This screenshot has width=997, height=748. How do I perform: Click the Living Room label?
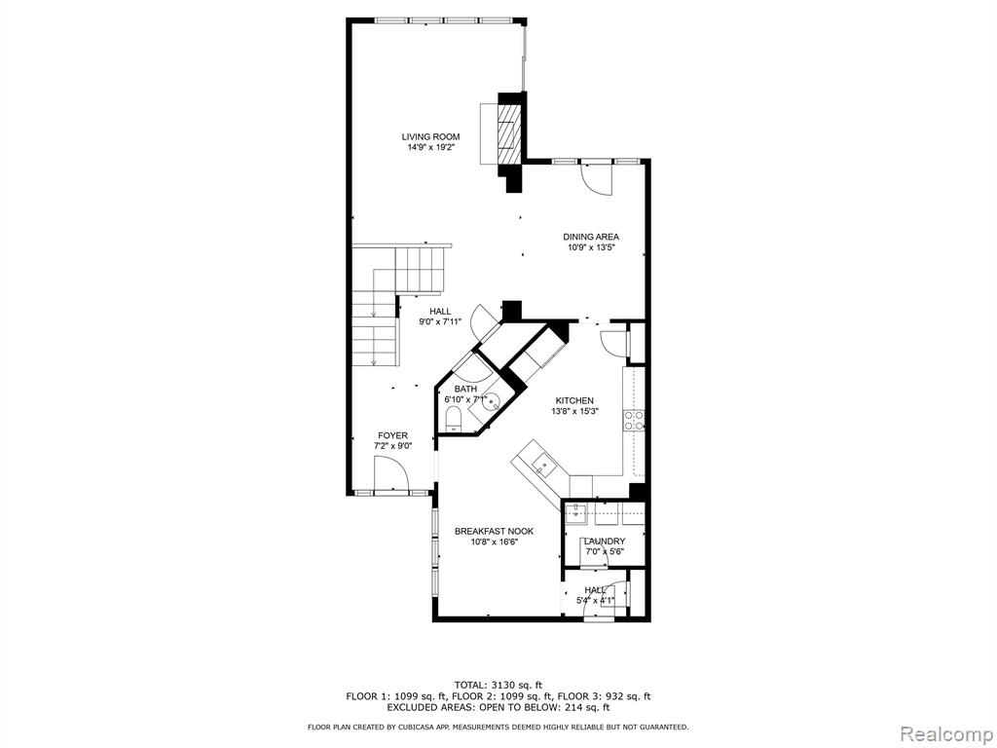point(430,136)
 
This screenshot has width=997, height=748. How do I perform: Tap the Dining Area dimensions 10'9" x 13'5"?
point(591,247)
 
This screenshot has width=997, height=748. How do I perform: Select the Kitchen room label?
point(574,400)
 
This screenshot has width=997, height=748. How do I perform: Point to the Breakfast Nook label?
point(494,531)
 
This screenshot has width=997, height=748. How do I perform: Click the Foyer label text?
point(393,435)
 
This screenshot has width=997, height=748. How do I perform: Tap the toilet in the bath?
point(454,420)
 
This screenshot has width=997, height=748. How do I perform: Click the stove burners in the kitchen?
point(634,421)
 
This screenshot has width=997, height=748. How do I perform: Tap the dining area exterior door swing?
point(597,179)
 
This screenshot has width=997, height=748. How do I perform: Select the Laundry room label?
point(605,542)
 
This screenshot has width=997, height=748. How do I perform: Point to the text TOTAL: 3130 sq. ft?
point(498,685)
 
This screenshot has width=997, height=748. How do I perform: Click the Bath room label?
point(465,390)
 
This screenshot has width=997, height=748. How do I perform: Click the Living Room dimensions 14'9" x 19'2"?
point(431,147)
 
